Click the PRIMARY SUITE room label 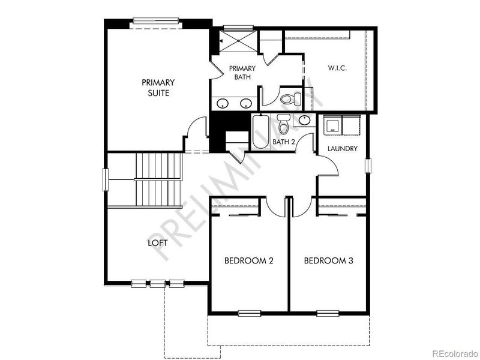pyautogui.click(x=158, y=88)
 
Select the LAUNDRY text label pyautogui.click(x=343, y=148)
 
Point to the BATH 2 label pyautogui.click(x=284, y=142)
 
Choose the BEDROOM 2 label pyautogui.click(x=249, y=260)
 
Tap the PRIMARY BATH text pyautogui.click(x=242, y=73)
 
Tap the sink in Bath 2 pyautogui.click(x=304, y=120)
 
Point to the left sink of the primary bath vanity pyautogui.click(x=223, y=103)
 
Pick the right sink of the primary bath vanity pyautogui.click(x=245, y=103)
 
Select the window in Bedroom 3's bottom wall pyautogui.click(x=328, y=312)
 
